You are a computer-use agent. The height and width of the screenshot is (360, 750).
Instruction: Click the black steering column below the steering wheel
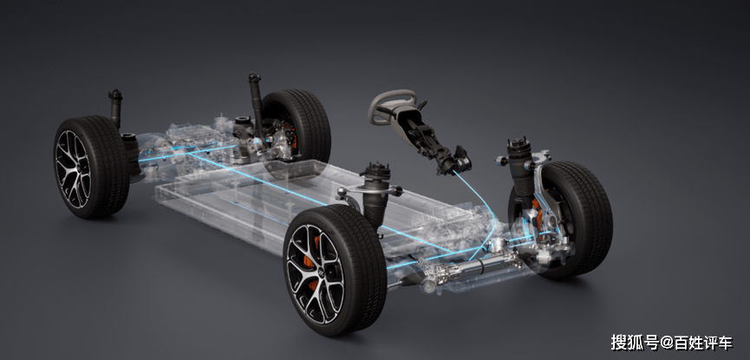pos(430,139)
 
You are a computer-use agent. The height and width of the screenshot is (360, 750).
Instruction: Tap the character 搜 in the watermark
pos(619,343)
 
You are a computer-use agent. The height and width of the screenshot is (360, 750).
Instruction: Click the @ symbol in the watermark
pos(666,343)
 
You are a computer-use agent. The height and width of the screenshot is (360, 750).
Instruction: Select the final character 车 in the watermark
pos(724,343)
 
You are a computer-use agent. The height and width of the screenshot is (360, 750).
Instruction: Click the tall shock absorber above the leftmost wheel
pos(115,108)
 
